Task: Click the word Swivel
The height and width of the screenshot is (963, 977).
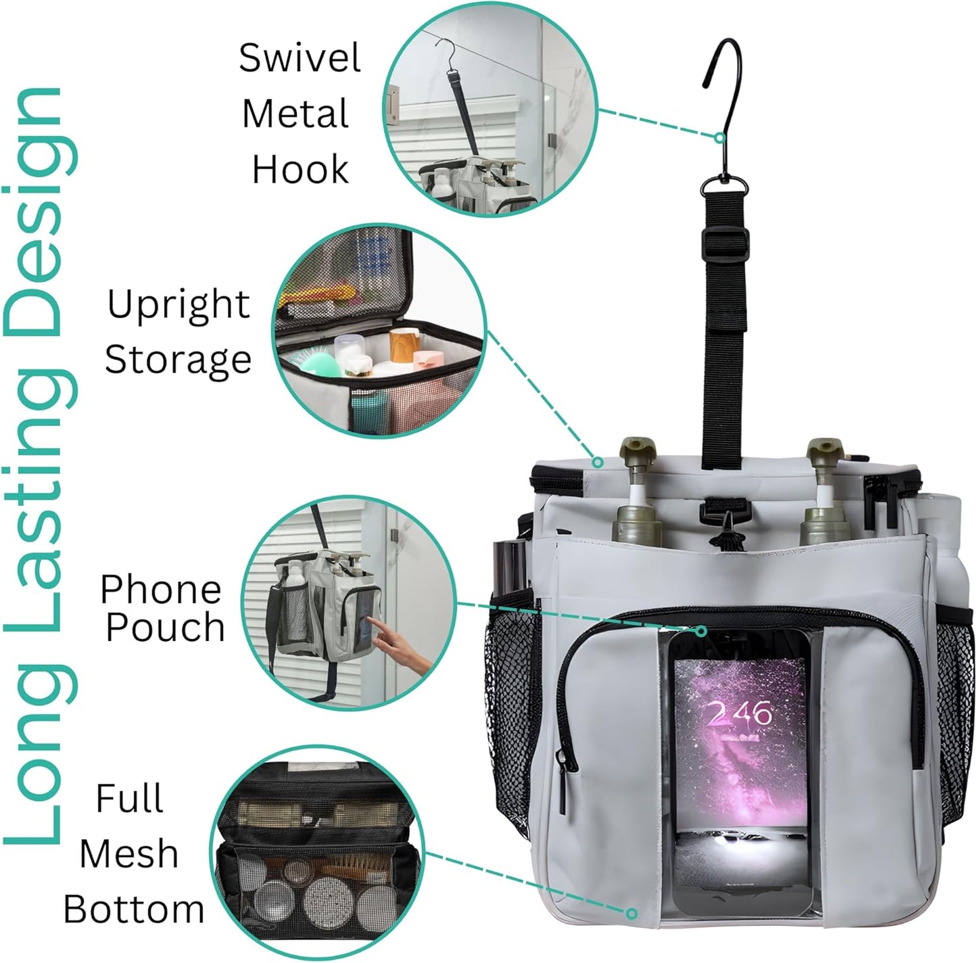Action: [300, 58]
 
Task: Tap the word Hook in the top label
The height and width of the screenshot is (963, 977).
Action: [300, 170]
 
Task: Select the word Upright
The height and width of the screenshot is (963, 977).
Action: [178, 306]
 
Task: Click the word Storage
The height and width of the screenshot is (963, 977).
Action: [178, 360]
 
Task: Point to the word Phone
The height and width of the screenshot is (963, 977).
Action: [161, 590]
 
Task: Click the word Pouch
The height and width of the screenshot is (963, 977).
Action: [165, 628]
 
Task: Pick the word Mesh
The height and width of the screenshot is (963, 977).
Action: [129, 854]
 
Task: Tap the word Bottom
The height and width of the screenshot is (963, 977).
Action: [134, 910]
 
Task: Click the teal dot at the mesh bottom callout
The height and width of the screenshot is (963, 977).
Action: [632, 914]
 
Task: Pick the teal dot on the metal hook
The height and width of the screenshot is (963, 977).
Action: [721, 138]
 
